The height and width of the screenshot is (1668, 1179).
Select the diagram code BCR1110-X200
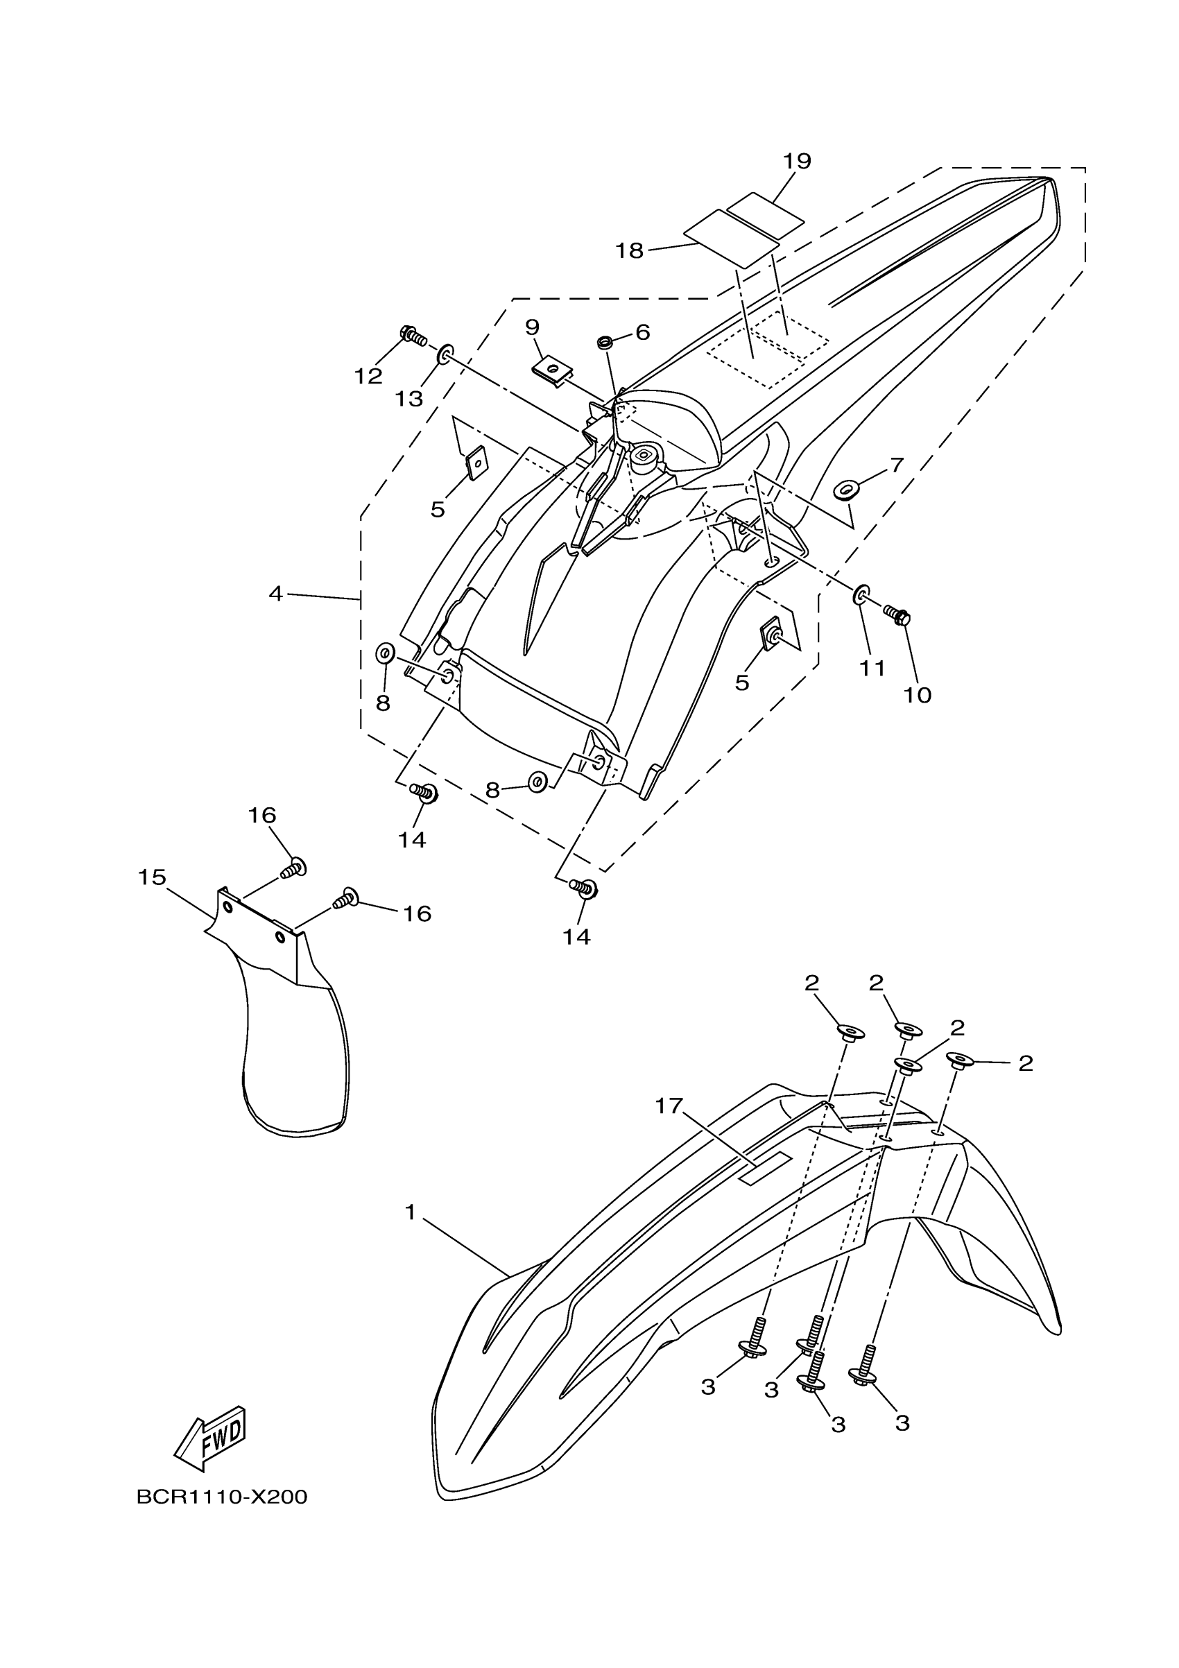221,1497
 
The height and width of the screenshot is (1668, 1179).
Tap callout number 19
797,162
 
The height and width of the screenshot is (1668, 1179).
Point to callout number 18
629,250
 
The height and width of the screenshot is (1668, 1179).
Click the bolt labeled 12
413,336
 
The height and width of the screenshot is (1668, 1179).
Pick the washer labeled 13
445,355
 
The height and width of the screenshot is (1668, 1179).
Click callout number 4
275,594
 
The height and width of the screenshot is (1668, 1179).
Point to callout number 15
152,877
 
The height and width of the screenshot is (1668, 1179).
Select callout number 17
669,1106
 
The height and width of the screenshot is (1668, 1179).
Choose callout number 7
897,465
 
